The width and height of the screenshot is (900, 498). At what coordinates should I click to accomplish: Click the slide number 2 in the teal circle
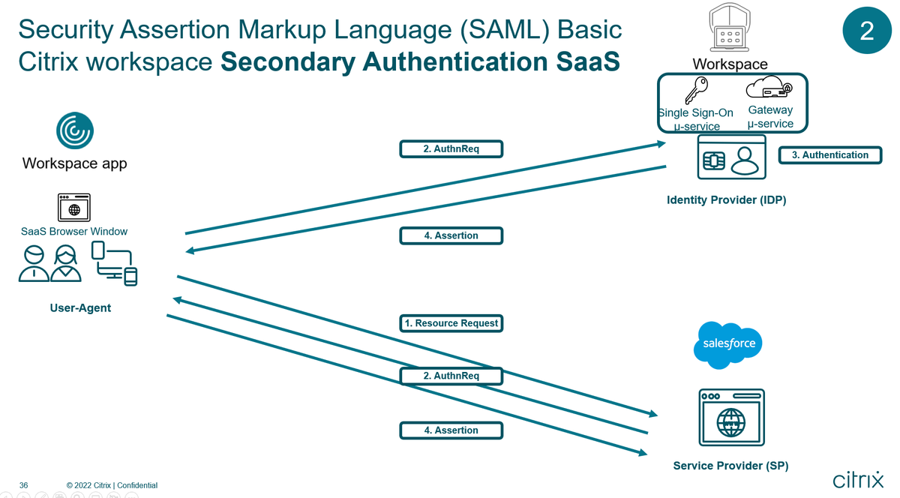click(866, 31)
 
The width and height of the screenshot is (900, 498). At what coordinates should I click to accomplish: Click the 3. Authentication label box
click(830, 155)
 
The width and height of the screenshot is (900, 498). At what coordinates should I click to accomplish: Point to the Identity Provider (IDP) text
click(726, 200)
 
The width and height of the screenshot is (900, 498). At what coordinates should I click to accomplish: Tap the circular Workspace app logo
click(75, 131)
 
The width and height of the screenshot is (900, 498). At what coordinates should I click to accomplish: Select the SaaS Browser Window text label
click(74, 231)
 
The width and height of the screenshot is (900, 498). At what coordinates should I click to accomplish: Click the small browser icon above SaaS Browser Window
click(74, 207)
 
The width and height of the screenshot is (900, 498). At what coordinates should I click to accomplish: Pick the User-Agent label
click(80, 307)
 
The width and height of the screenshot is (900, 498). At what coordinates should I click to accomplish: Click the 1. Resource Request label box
click(451, 323)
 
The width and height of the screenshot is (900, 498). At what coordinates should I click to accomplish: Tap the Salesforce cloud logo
click(727, 344)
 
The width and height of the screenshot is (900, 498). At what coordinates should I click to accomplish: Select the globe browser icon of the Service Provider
click(731, 418)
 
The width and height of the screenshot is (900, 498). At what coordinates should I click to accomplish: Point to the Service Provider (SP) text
click(730, 466)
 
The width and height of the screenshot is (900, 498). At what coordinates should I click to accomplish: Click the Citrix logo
click(857, 479)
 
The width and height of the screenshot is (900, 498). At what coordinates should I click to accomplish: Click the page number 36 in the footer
click(23, 485)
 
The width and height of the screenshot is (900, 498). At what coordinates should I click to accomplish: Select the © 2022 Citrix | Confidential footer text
click(112, 485)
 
